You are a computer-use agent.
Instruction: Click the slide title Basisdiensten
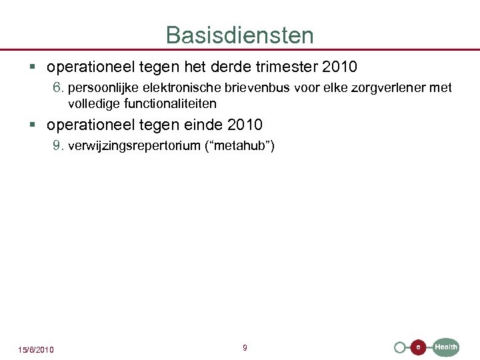pos(240,35)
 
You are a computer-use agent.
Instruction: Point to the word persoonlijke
pos(101,88)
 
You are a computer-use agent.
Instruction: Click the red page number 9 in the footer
pos(245,347)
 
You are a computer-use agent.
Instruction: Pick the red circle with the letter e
pos(418,347)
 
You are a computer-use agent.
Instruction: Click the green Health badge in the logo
pos(446,347)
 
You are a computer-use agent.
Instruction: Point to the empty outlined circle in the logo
pos(399,347)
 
